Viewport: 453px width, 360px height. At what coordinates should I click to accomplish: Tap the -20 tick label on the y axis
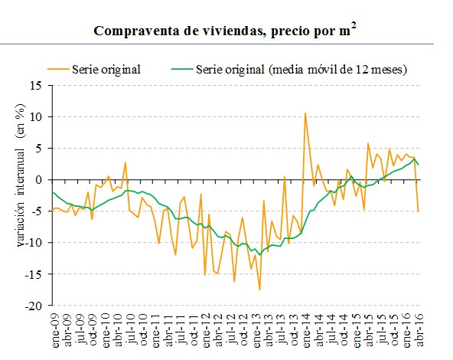click(34, 306)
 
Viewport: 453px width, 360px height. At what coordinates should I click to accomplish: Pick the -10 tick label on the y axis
click(34, 243)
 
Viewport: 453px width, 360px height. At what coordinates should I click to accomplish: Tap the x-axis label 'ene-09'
click(54, 330)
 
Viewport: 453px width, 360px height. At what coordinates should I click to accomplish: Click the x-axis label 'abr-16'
click(419, 330)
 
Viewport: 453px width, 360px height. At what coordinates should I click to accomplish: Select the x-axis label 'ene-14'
click(305, 330)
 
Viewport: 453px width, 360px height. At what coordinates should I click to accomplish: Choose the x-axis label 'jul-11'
click(180, 330)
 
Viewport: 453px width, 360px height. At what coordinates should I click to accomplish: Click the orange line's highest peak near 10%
click(305, 113)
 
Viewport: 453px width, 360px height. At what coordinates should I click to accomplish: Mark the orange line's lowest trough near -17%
click(259, 290)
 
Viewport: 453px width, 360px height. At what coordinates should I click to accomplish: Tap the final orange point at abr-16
click(419, 211)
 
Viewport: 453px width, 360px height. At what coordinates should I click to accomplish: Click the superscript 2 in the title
click(355, 26)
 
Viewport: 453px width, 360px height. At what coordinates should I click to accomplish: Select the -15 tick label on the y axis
click(34, 274)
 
